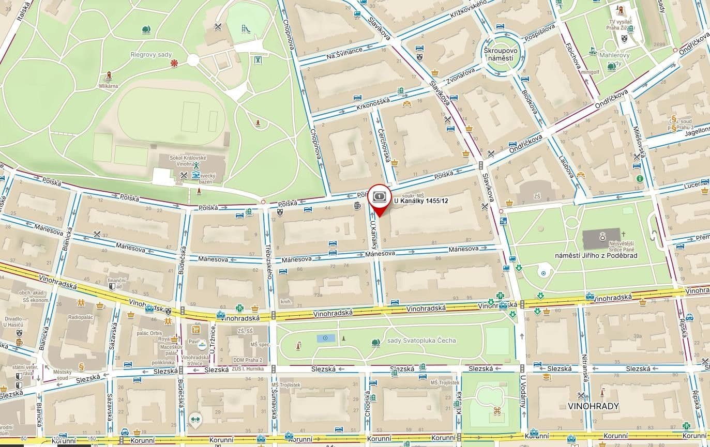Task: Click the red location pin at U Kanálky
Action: (x=379, y=199)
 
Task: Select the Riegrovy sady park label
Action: (x=150, y=55)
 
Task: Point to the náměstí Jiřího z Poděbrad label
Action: (x=596, y=255)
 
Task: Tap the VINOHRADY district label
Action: (x=593, y=406)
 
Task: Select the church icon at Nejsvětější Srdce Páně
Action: (x=602, y=238)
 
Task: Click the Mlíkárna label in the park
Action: (x=109, y=86)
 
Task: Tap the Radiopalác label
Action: (x=80, y=317)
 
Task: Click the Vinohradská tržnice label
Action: (x=195, y=360)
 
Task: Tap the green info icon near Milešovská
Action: (x=640, y=178)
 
